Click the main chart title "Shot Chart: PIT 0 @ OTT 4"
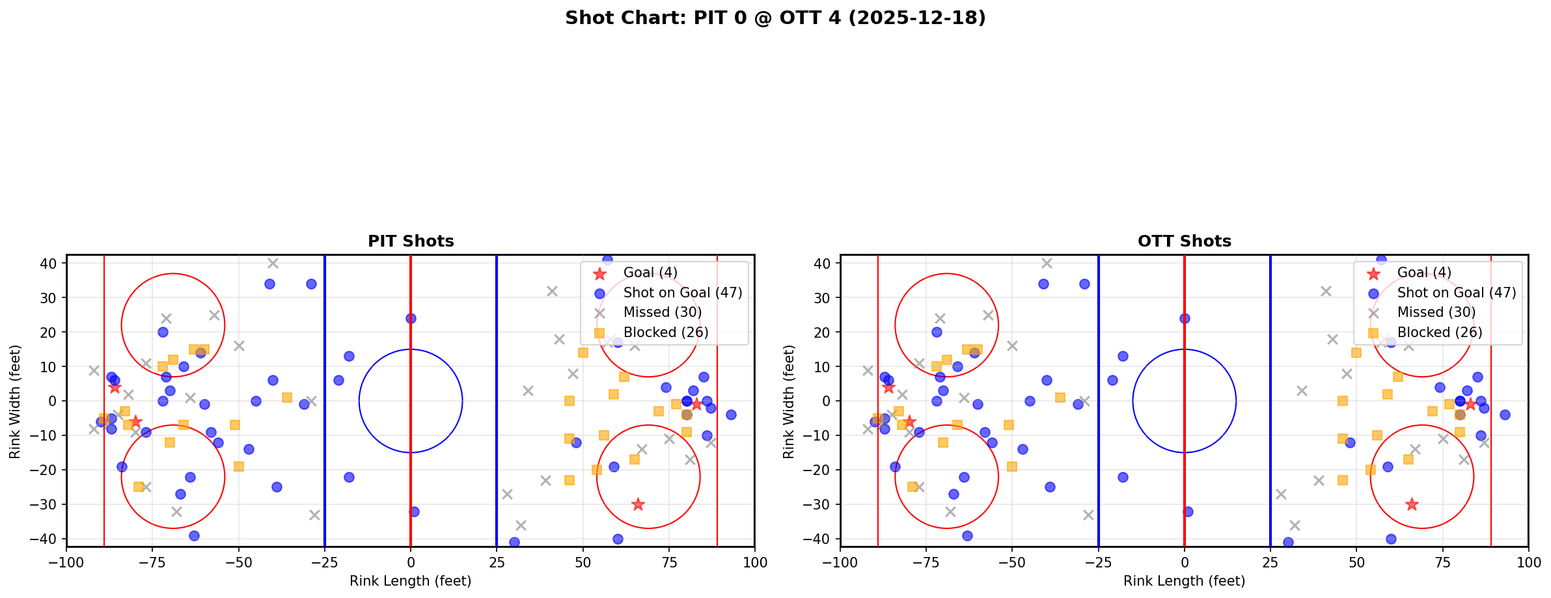click(775, 18)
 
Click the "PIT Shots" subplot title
click(411, 241)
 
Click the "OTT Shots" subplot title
click(1184, 241)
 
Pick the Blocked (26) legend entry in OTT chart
click(1439, 333)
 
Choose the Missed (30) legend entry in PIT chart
click(662, 312)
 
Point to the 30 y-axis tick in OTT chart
click(827, 297)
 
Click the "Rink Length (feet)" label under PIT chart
click(411, 581)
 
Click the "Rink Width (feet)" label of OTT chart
click(789, 401)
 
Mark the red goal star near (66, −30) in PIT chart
click(638, 504)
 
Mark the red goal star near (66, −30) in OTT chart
click(1412, 504)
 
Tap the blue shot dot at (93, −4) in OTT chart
click(1505, 415)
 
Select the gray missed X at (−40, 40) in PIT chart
click(273, 263)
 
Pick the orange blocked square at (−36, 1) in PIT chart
click(287, 398)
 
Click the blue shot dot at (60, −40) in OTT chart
click(1391, 539)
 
